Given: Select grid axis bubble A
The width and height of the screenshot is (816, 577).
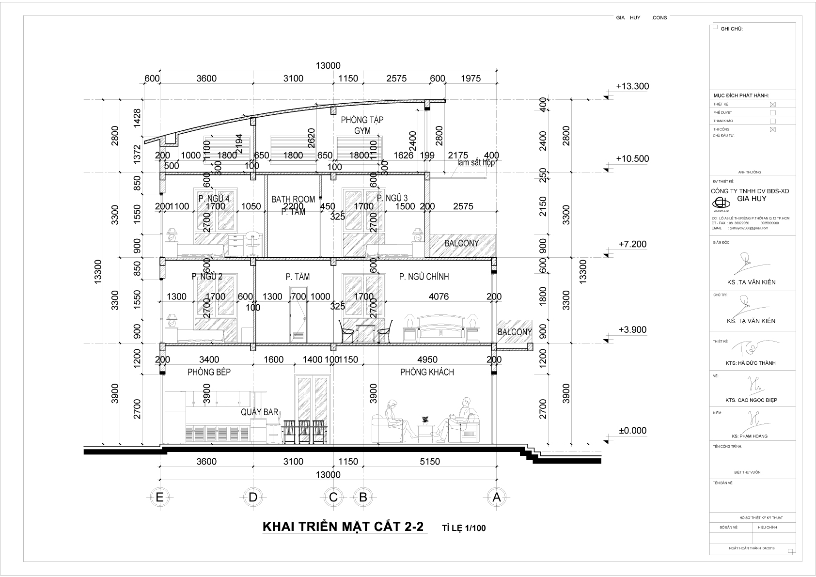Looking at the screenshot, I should pos(496,497).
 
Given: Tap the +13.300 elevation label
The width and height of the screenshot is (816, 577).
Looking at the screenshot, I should pos(632,86).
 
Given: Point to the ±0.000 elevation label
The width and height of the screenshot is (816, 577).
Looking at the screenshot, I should pos(632,431).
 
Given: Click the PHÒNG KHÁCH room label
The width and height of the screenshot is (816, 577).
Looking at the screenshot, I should pos(427,372).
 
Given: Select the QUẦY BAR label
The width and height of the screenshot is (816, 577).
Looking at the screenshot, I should pos(260,412).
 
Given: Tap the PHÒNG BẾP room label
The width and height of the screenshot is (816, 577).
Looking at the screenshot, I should pos(209,372).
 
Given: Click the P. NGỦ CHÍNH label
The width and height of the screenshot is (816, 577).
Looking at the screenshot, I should pos(424,277).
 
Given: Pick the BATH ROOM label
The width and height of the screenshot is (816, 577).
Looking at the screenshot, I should pos(293,199).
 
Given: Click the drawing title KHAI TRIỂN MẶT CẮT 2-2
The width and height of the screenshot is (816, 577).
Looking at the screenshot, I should pos(343,527).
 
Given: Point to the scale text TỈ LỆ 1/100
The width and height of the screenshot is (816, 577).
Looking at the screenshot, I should pos(463,528).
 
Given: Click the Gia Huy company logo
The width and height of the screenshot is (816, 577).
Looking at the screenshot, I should pos(720,203).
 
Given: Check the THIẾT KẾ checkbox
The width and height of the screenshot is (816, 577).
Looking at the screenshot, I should pos(773,104).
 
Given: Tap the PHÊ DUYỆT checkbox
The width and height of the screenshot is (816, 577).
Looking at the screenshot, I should pos(773,112).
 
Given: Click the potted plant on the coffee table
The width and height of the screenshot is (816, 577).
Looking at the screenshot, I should pos(425,419).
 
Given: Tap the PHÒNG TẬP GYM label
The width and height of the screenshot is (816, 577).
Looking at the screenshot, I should pos(362,125).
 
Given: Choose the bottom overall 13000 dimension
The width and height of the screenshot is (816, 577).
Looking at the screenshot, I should pos(328,475).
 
